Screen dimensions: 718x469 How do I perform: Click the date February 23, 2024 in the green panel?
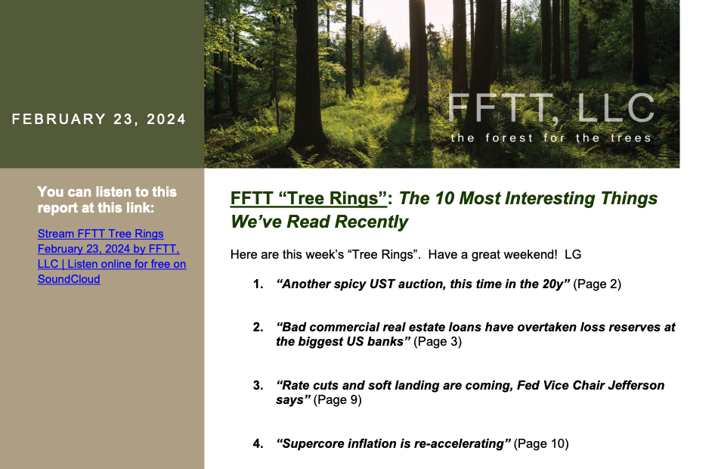[x=99, y=120]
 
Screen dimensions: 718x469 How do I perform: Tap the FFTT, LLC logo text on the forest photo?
[x=551, y=109]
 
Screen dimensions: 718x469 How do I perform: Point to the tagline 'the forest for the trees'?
[x=551, y=138]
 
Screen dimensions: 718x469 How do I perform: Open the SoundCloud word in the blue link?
[x=69, y=279]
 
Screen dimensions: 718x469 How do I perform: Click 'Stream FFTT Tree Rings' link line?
[x=101, y=234]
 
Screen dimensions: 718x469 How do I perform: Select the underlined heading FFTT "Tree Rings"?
[x=308, y=198]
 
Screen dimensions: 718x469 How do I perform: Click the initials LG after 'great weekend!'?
[x=573, y=254]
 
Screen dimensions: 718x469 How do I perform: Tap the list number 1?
[x=258, y=284]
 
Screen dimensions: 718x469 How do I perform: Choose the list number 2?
[x=258, y=328]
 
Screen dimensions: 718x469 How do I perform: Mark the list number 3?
[x=258, y=386]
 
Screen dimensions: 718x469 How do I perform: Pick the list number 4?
[x=258, y=444]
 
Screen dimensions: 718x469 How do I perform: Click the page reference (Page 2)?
[x=597, y=284]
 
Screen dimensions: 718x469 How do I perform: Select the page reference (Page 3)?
[x=438, y=342]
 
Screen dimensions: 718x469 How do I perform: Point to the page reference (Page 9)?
[x=338, y=400]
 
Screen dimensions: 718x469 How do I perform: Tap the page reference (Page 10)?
[x=541, y=444]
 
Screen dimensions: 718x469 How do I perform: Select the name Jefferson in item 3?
[x=636, y=386]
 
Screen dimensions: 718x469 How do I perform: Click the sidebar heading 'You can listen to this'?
[x=107, y=191]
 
